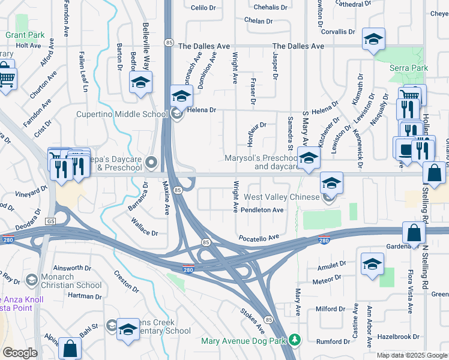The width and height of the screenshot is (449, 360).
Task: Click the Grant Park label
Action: coord(25,35)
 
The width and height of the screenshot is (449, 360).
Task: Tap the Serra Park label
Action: coord(409,68)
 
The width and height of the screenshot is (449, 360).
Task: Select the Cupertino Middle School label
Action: coord(121,115)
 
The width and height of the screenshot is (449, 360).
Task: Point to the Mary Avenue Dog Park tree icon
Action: coord(294,340)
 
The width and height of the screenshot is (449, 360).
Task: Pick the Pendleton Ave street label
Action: coord(262,211)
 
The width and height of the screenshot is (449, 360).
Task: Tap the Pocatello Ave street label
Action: coord(259,238)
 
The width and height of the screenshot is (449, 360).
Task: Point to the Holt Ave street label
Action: coord(28,46)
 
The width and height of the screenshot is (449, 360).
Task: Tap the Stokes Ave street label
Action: coord(252,321)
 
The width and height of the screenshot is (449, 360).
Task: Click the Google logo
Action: coord(20,353)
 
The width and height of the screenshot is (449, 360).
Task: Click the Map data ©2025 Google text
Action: coord(412,355)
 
